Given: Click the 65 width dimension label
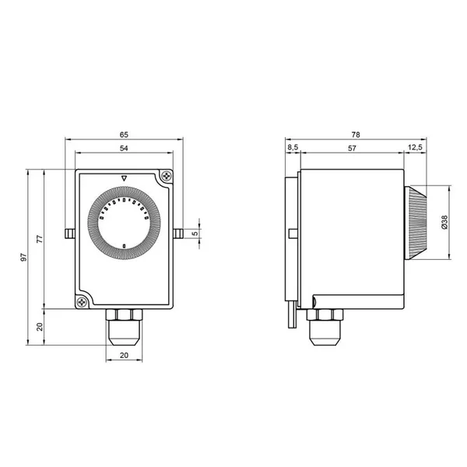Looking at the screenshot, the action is pyautogui.click(x=124, y=135).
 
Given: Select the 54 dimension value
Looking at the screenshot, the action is pyautogui.click(x=124, y=148).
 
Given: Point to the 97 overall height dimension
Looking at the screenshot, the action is pyautogui.click(x=23, y=258).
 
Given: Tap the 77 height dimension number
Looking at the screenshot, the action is pyautogui.click(x=40, y=239).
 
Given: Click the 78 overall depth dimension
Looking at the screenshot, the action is pyautogui.click(x=356, y=135).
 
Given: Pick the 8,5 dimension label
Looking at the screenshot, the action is pyautogui.click(x=293, y=147).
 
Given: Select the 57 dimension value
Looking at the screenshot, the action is pyautogui.click(x=352, y=148).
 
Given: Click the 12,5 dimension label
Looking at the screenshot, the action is pyautogui.click(x=415, y=147).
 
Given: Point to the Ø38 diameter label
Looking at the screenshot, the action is pyautogui.click(x=444, y=223).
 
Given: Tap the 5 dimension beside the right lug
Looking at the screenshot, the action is pyautogui.click(x=195, y=233).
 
